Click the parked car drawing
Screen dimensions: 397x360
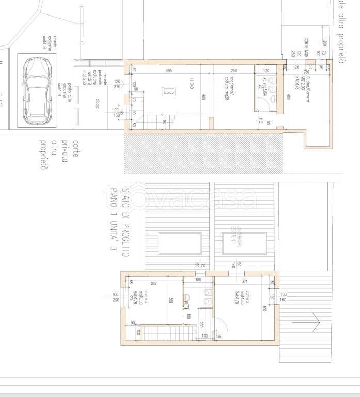[37, 91]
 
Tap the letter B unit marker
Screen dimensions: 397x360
[167, 91]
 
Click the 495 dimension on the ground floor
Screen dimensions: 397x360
[169, 70]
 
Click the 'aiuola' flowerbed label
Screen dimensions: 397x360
[97, 102]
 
